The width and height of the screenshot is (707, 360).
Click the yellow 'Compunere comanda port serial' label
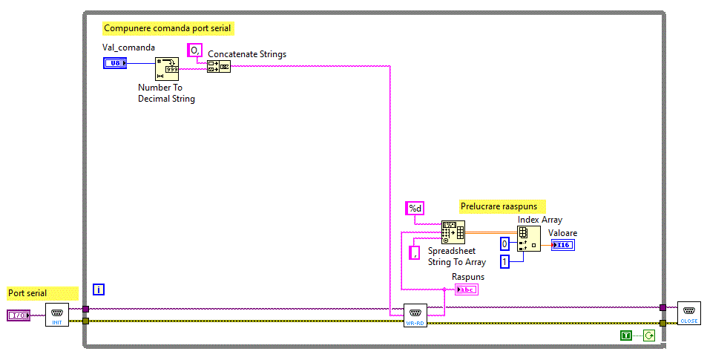pos(168,28)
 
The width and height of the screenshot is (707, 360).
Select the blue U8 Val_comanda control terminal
pos(115,63)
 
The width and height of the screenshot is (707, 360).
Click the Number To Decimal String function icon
pos(167,69)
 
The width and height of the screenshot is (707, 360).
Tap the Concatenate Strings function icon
pos(219,66)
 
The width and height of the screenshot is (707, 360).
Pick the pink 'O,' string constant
pos(194,50)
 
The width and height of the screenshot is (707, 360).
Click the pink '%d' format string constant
pos(414,209)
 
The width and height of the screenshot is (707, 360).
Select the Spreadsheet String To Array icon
pos(453,232)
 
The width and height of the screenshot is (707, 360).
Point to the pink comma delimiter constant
pos(415,253)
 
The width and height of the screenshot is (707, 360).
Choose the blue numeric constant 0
pos(504,243)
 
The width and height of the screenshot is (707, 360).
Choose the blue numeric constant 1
pos(504,261)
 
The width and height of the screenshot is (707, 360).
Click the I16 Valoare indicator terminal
pos(562,245)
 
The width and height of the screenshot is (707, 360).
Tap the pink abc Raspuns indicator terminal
pos(467,289)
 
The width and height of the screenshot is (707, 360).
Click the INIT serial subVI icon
pos(56,315)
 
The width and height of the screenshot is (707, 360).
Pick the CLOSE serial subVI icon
pos(689,313)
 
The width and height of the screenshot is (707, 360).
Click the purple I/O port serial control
pos(19,315)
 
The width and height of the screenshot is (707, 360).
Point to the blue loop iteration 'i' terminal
pos(99,289)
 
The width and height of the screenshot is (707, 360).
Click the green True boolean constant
pos(626,336)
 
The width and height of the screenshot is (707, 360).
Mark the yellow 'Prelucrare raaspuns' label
pos(504,206)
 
